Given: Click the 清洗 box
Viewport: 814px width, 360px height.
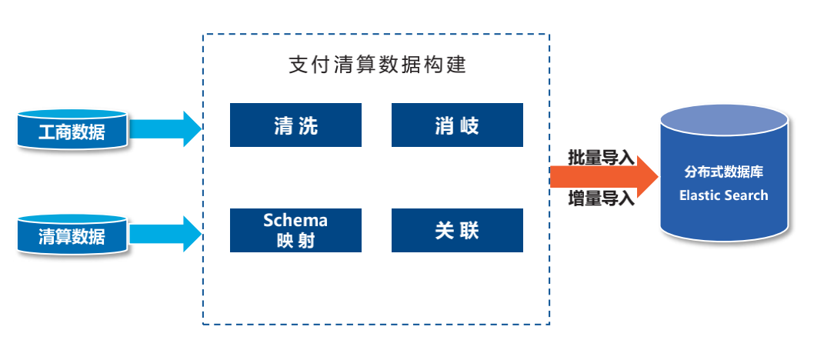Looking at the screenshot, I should tap(295, 125).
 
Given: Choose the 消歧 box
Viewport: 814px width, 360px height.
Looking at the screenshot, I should tap(457, 125).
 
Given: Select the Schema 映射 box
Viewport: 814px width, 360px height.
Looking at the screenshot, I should tap(295, 230).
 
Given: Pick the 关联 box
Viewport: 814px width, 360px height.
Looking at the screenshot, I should tap(457, 230).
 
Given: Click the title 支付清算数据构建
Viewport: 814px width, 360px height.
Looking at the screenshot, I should tap(376, 65).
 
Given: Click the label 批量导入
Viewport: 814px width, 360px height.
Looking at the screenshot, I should tap(601, 158).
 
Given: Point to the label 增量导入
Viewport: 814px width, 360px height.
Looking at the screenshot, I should tap(601, 198).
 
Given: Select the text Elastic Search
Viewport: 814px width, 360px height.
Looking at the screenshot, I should tap(723, 195).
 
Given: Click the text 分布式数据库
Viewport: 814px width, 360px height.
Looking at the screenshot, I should tap(723, 172).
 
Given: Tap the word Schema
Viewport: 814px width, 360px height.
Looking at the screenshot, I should tap(295, 220).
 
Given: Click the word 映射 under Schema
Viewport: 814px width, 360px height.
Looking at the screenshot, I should tap(295, 240).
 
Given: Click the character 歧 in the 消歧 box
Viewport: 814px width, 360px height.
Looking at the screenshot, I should tap(469, 125).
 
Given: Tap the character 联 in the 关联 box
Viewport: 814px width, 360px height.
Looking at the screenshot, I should tap(469, 230).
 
